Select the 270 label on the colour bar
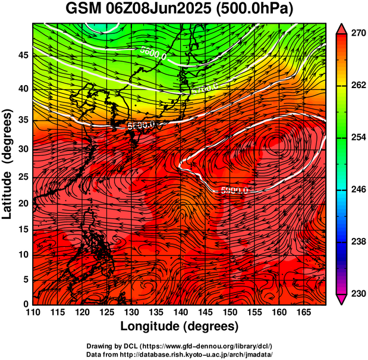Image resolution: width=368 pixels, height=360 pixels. click(x=357, y=33)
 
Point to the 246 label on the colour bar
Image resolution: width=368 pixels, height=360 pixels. click(x=357, y=189)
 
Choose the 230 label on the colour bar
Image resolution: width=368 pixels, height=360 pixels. click(x=357, y=293)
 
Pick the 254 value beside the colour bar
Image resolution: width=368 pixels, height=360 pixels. click(x=357, y=137)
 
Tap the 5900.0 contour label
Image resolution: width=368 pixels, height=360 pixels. click(x=234, y=190)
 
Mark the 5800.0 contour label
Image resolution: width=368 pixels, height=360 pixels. click(x=141, y=125)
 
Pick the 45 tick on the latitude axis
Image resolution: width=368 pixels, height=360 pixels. click(x=23, y=55)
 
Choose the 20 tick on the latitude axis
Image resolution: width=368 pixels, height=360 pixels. click(x=23, y=203)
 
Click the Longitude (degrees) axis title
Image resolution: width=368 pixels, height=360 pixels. click(x=179, y=326)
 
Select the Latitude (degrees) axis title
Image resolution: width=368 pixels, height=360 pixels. click(x=8, y=164)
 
